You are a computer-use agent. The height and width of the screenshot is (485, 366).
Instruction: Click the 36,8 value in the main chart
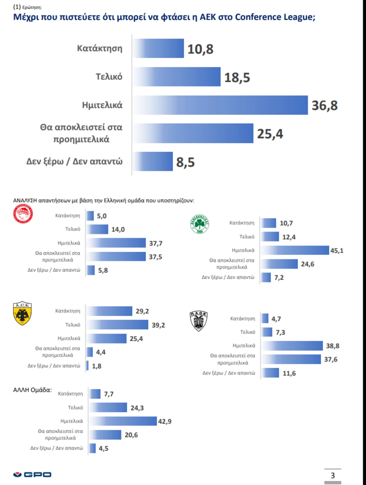[x=324, y=105]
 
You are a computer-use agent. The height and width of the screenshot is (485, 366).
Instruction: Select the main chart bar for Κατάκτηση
[x=158, y=48]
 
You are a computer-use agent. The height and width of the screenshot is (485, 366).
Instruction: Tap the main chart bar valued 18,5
[x=177, y=77]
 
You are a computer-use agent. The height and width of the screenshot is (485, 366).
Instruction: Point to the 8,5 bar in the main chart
[x=153, y=161]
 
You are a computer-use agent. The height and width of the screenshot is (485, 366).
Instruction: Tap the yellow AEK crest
[x=22, y=313]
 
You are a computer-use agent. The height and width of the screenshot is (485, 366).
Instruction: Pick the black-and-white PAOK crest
[x=199, y=321]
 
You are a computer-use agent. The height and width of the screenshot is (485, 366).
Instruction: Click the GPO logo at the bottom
[x=32, y=474]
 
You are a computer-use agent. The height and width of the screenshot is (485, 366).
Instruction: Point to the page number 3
[x=333, y=475]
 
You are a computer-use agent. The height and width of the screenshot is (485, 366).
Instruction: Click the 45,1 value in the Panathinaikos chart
[x=337, y=251]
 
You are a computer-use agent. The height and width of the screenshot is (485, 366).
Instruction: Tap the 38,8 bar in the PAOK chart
[x=292, y=346]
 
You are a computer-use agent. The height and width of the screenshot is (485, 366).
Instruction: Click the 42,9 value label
[x=165, y=421]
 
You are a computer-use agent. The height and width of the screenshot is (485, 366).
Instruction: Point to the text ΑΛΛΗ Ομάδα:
[x=32, y=390]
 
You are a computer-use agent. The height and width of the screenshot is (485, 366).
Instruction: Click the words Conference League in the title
[x=275, y=17]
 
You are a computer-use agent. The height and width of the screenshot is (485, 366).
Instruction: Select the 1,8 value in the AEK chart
[x=97, y=366]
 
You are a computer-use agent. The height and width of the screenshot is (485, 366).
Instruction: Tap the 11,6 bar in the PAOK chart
[x=270, y=373]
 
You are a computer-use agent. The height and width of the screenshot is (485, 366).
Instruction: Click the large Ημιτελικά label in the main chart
[x=102, y=105]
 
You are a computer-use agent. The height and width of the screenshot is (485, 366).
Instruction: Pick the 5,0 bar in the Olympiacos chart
[x=90, y=216]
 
